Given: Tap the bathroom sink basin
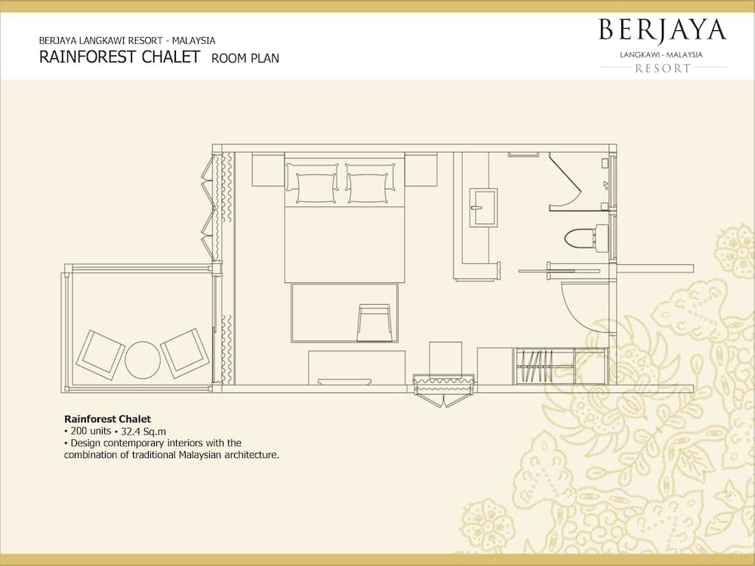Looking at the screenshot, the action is [x=483, y=208].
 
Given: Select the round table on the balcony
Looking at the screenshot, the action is [x=143, y=359].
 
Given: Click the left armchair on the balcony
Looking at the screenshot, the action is [x=100, y=355].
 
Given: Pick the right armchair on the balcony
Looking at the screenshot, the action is [x=185, y=352].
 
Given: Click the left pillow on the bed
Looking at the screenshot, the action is [x=312, y=183].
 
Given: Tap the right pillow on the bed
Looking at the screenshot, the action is [x=370, y=183].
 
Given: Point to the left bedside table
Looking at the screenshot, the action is [x=268, y=169].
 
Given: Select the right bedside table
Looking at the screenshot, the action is [x=421, y=169].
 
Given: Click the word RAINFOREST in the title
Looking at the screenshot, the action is [x=87, y=57].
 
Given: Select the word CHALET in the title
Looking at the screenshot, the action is [x=171, y=57].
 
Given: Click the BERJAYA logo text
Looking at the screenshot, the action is [x=662, y=30].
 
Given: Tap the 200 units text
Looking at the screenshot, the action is [x=91, y=431].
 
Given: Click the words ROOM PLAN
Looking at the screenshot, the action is [x=245, y=58].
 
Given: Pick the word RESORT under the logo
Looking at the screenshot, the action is [x=663, y=69].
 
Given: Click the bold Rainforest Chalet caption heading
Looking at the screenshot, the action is [x=107, y=419].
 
